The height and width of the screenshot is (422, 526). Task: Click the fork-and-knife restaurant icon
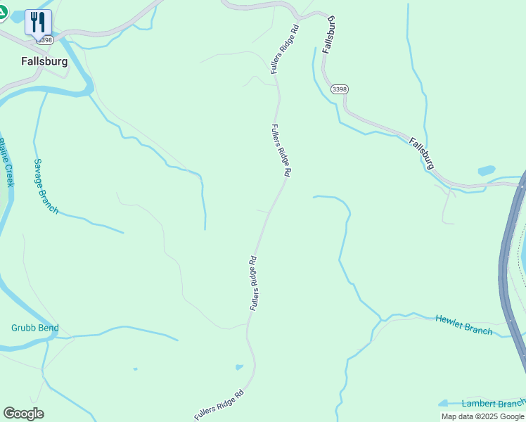pyautogui.click(x=38, y=22)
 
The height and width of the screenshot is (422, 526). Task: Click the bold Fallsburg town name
pyautogui.click(x=44, y=61)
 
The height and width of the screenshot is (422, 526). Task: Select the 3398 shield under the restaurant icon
pyautogui.click(x=46, y=40)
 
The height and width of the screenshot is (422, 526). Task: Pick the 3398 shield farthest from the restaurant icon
pyautogui.click(x=340, y=89)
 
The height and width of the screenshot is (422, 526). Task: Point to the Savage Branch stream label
pyautogui.click(x=46, y=186)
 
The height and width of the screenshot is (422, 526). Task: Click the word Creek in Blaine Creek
pyautogui.click(x=9, y=174)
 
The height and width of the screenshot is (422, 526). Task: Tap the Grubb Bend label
pyautogui.click(x=34, y=328)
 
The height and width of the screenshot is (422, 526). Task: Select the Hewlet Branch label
pyautogui.click(x=463, y=324)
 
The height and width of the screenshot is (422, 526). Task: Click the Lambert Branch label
pyautogui.click(x=493, y=404)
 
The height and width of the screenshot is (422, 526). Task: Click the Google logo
pyautogui.click(x=23, y=414)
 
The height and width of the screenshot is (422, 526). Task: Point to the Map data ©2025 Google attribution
pyautogui.click(x=482, y=416)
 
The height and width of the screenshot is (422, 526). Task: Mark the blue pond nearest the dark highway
pyautogui.click(x=486, y=170)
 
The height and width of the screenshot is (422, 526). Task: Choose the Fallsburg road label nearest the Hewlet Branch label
pyautogui.click(x=422, y=153)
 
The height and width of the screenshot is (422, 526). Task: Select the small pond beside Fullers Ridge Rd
pyautogui.click(x=240, y=366)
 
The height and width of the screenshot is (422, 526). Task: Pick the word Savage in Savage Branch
pyautogui.click(x=39, y=172)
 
